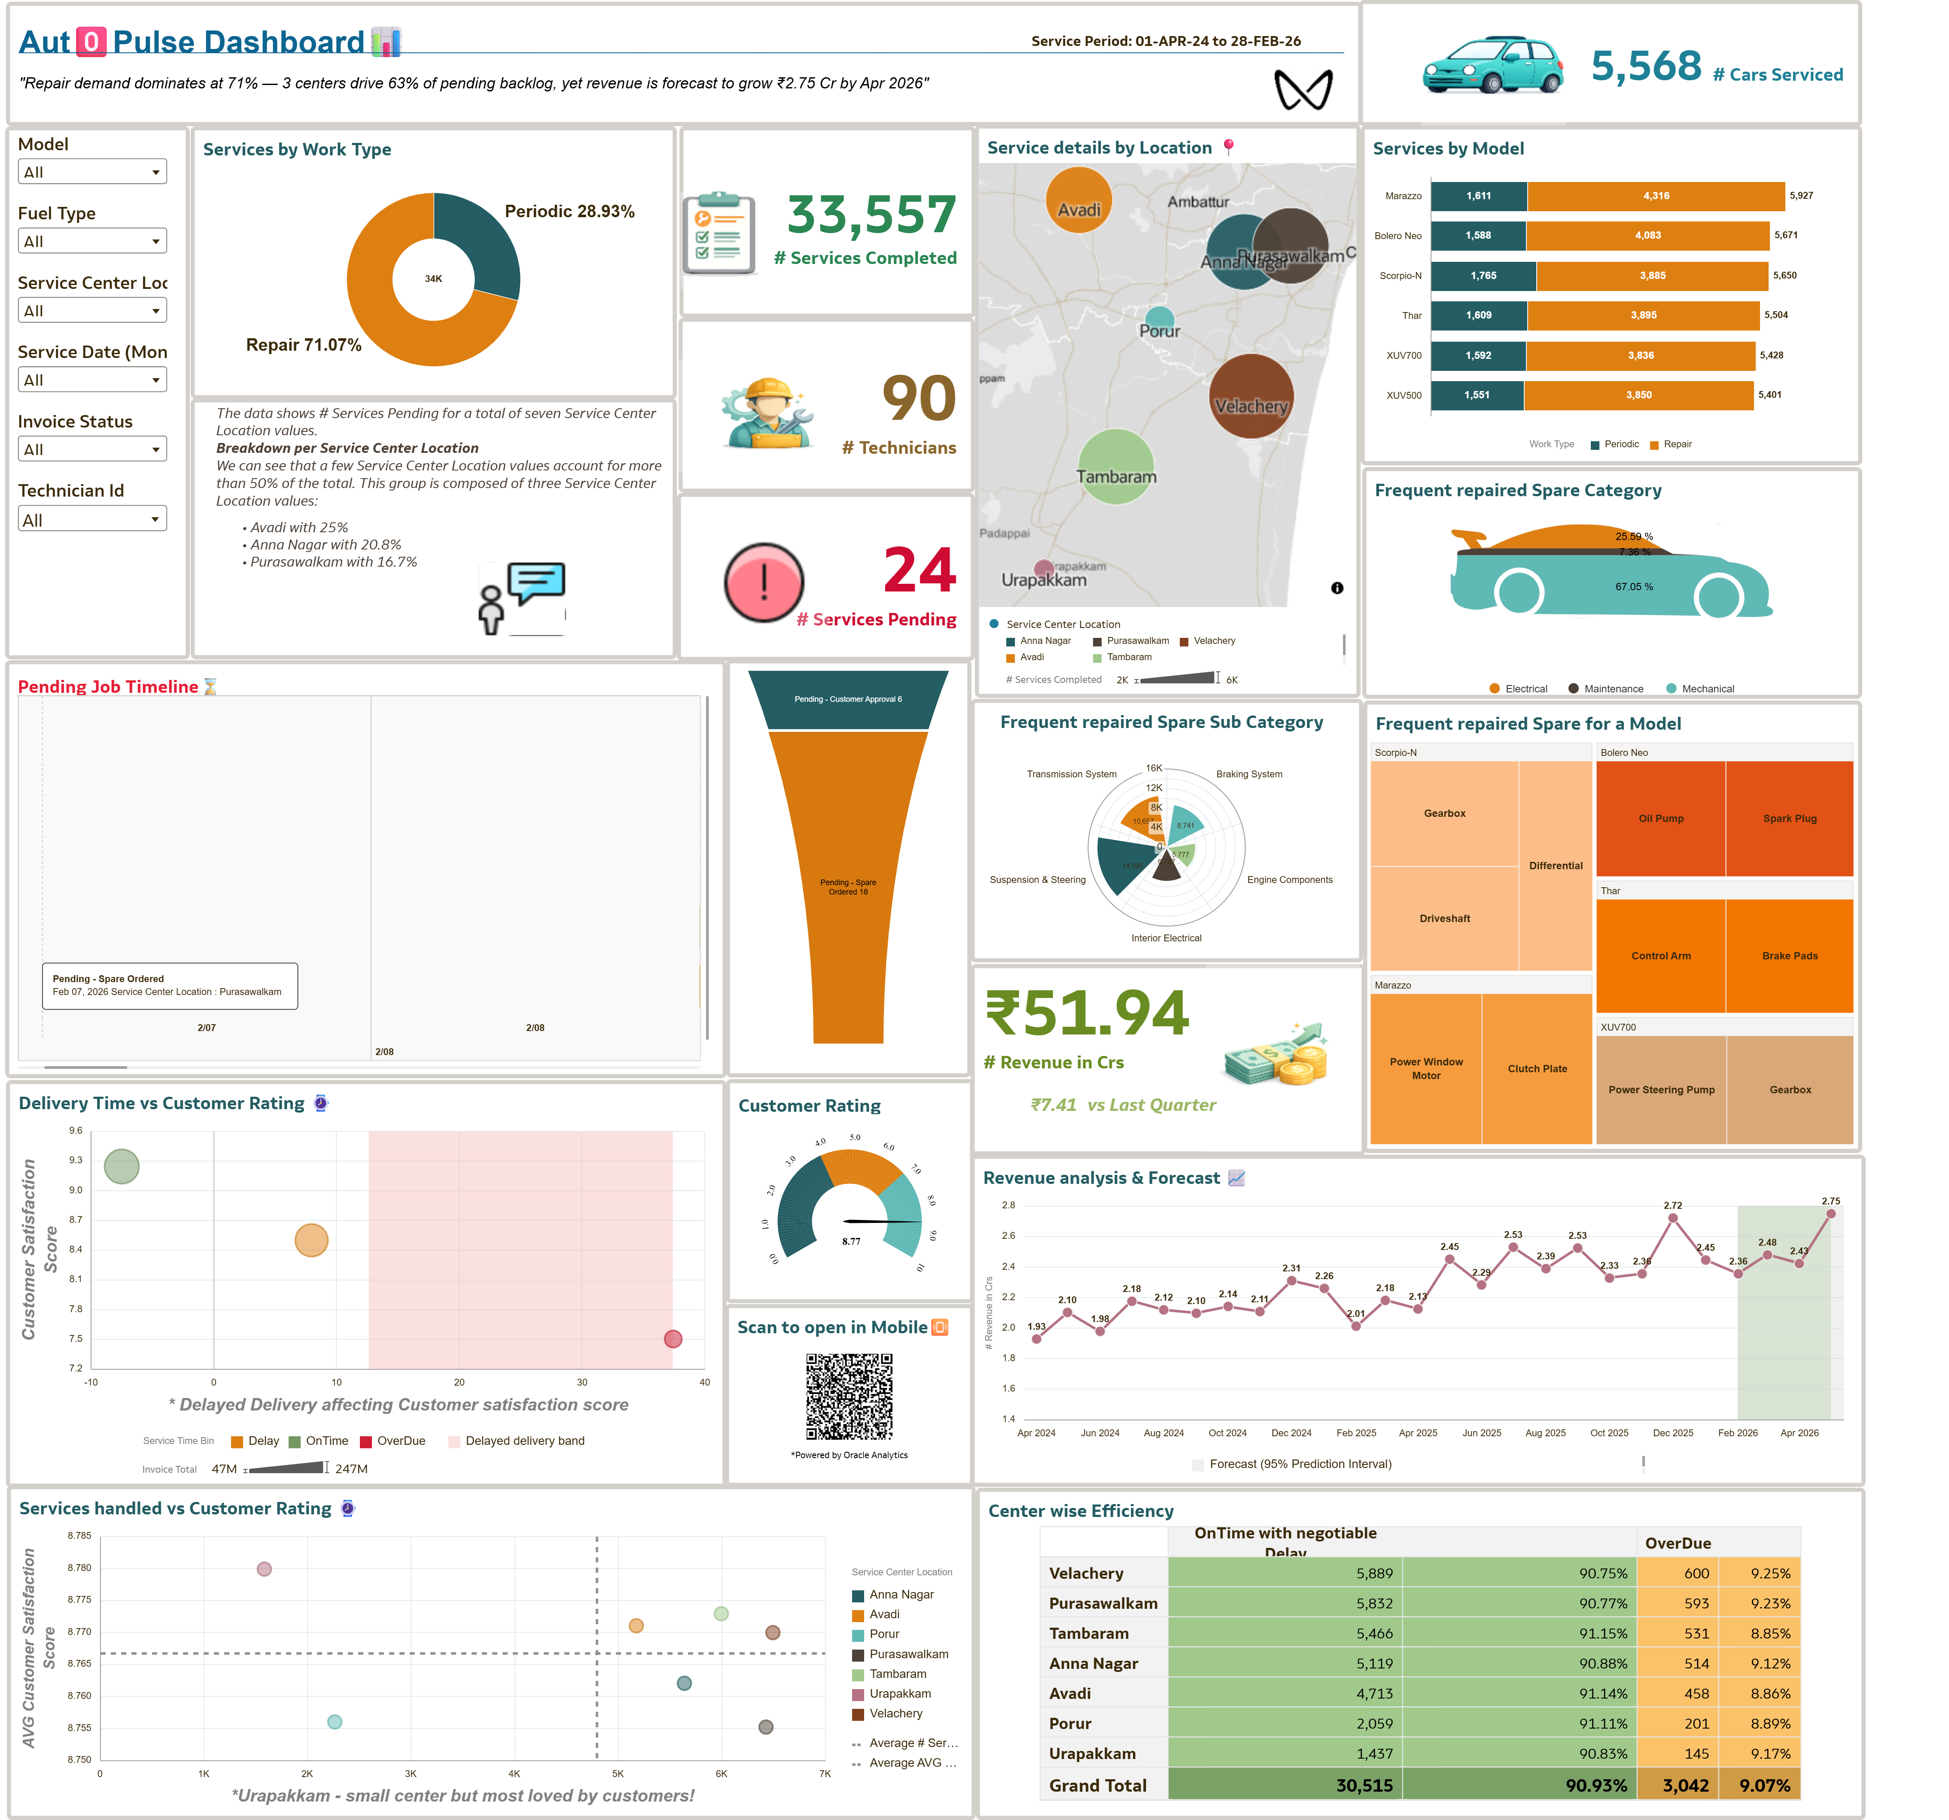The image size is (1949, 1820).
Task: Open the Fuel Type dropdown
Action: click(92, 241)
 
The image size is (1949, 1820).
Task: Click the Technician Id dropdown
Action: click(92, 519)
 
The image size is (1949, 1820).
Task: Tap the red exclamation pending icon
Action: click(764, 582)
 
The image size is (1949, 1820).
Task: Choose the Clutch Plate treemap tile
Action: click(1536, 1068)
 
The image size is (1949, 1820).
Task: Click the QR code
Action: click(849, 1397)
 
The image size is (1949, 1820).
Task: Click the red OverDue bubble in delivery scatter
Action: click(673, 1339)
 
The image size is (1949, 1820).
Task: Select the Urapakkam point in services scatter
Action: click(264, 1569)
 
